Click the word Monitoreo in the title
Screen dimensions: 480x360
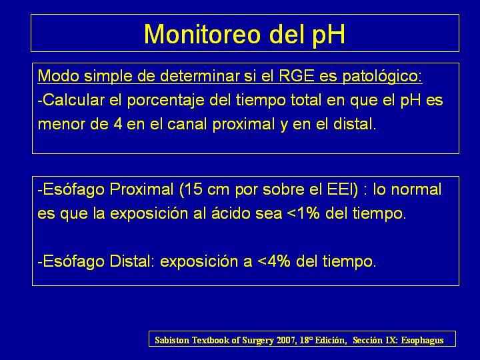tap(202, 34)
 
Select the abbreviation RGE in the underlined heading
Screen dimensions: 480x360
tap(297, 75)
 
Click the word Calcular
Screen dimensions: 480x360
tap(71, 100)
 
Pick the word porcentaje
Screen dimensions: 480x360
tap(165, 101)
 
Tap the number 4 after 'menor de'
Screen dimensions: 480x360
tap(118, 124)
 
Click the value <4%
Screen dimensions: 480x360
tap(274, 261)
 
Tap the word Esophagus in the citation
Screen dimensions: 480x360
tap(422, 341)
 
